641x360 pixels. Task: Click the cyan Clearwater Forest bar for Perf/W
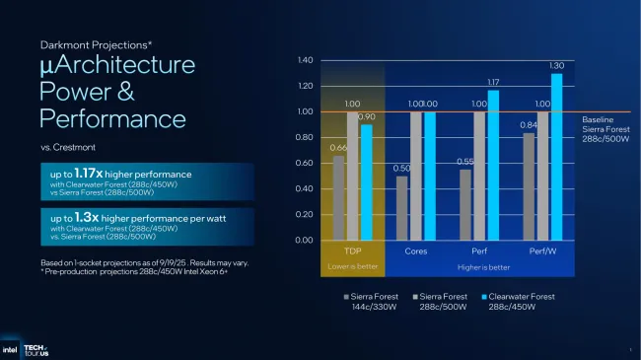coord(557,156)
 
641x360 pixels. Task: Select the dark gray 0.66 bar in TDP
coord(338,197)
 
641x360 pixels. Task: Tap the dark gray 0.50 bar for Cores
coord(400,207)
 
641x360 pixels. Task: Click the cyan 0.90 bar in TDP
coord(367,181)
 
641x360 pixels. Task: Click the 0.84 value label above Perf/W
coord(529,124)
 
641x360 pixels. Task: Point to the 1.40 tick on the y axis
coord(305,61)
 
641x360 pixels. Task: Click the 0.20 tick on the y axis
coord(305,214)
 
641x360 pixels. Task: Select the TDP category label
coord(352,252)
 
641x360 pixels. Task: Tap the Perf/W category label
coord(543,252)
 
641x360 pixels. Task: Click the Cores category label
coord(415,252)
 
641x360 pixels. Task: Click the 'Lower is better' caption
coord(352,266)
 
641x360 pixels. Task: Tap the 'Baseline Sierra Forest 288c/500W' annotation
coord(605,128)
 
